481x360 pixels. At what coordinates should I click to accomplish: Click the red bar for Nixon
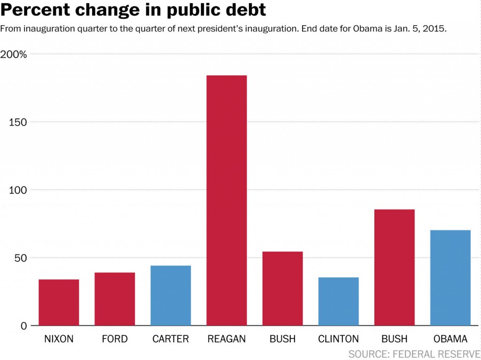tap(59, 302)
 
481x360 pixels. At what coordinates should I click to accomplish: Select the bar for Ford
tap(115, 299)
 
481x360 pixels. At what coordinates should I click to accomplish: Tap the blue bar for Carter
tap(171, 296)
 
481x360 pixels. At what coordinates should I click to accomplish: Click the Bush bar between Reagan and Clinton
tap(282, 289)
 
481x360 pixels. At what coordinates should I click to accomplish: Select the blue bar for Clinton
tap(338, 301)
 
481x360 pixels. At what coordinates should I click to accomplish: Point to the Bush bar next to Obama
tap(394, 268)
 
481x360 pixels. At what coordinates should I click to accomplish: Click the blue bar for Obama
tap(450, 278)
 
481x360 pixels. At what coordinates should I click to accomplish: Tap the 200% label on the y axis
tap(16, 55)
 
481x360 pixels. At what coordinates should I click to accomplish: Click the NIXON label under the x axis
tap(59, 339)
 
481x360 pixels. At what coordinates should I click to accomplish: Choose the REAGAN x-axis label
tap(226, 339)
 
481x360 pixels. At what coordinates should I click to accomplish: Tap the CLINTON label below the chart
tap(338, 339)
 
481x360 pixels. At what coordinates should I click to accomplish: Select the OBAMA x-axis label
tap(450, 339)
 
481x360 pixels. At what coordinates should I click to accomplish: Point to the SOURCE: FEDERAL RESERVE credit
tap(414, 353)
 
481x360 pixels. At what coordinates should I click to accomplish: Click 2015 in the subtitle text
tap(434, 29)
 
